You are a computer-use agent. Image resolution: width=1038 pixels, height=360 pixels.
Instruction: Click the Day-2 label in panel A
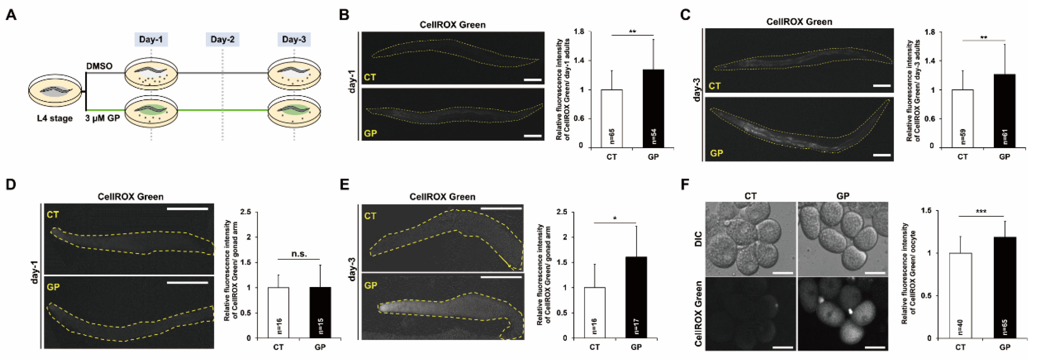(x=222, y=39)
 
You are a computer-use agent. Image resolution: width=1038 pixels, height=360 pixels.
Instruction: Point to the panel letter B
(x=344, y=15)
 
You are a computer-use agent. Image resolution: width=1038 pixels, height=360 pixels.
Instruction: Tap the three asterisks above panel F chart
(x=981, y=211)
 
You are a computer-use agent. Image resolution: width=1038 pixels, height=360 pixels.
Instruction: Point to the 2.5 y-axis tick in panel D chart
(x=246, y=212)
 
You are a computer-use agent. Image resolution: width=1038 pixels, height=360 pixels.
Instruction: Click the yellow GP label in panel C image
(x=716, y=153)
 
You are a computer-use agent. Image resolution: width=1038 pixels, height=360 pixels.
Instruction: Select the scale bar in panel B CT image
(x=532, y=80)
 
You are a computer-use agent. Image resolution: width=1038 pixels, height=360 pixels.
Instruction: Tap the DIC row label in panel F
(x=698, y=239)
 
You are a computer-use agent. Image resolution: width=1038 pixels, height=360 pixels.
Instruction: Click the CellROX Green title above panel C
(x=799, y=22)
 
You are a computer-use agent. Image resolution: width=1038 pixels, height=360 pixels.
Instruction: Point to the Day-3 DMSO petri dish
(x=294, y=75)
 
